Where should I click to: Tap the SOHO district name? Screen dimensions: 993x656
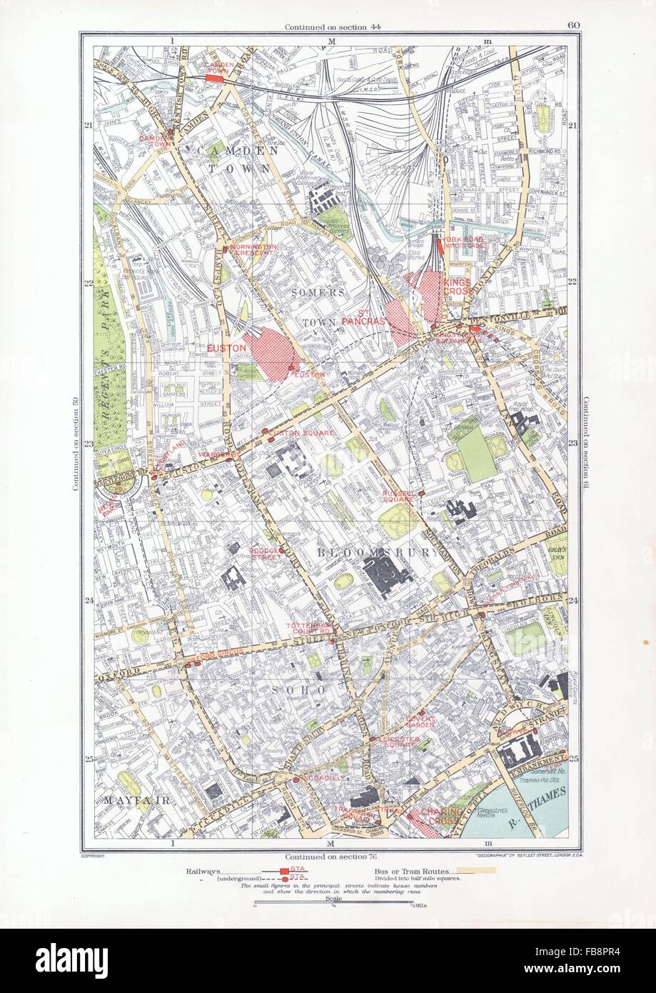pos(298,690)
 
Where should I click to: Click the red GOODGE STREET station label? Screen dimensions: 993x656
pos(267,554)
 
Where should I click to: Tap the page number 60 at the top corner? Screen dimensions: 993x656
pos(572,26)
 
